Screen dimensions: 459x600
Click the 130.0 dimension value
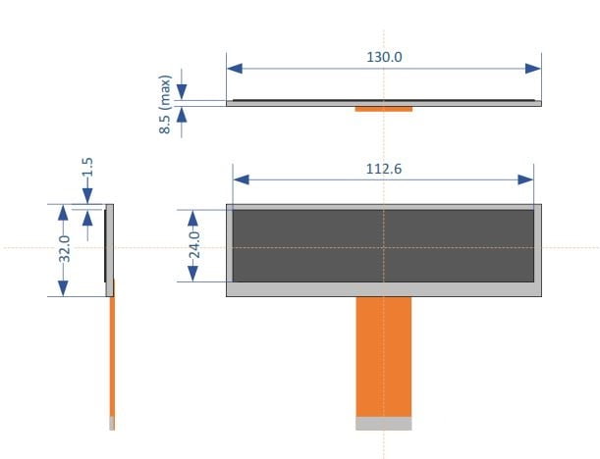384,57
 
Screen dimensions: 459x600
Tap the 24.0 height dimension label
193,244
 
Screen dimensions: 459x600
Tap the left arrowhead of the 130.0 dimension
235,68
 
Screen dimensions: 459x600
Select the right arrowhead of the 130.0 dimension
533,68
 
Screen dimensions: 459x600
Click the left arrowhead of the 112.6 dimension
241,179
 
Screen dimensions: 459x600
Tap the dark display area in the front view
384,245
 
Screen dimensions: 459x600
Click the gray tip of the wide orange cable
384,423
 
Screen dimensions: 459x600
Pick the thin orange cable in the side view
112,353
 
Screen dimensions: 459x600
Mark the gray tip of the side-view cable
112,423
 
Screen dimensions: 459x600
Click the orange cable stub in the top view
384,108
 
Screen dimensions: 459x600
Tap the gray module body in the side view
110,245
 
